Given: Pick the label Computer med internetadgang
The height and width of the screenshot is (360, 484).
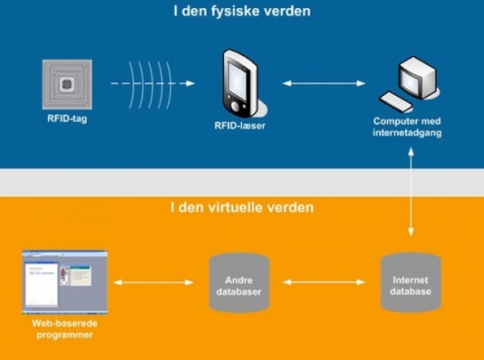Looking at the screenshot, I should click(x=407, y=127).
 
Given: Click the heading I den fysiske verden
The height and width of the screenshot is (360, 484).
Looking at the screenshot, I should click(x=242, y=12).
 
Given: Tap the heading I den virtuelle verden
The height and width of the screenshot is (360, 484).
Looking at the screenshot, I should click(x=242, y=207).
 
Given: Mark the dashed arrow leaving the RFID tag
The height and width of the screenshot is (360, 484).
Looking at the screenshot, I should click(x=121, y=83).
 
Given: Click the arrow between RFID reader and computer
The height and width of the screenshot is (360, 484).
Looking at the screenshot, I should click(x=323, y=82).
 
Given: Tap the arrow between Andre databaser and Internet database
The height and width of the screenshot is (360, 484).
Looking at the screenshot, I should click(x=323, y=283).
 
